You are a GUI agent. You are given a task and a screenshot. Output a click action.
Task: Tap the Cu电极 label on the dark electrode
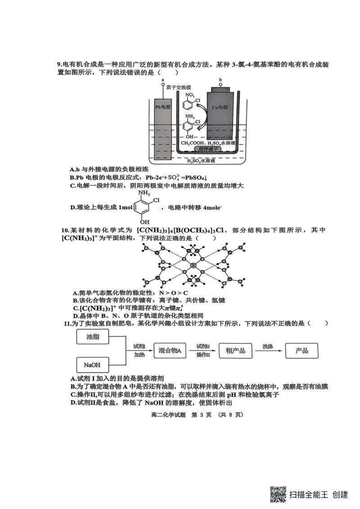point(220,107)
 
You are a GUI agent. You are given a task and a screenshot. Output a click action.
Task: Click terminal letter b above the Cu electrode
point(220,80)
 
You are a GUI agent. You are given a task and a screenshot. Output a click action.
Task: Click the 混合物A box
point(171,351)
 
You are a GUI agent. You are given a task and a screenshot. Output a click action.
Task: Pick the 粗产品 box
point(236,351)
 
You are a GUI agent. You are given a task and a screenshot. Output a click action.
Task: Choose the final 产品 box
point(301,351)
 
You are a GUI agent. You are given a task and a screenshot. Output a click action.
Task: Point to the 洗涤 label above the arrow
point(268,346)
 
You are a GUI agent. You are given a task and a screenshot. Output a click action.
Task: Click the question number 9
point(59,65)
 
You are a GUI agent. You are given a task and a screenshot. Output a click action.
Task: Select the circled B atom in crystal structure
point(193,265)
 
